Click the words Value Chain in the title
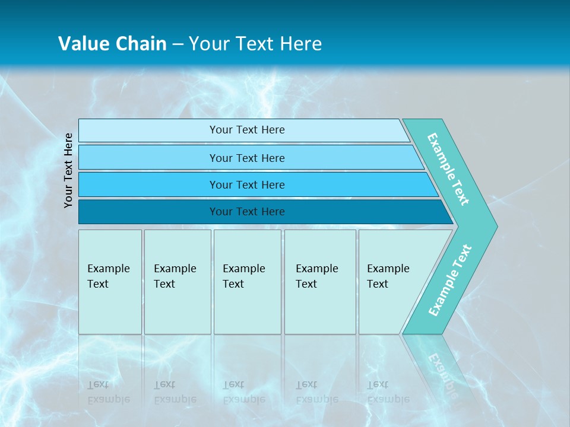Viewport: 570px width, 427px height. point(112,44)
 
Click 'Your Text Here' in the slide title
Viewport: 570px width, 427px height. point(255,44)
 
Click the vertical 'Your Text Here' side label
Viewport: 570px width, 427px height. point(69,170)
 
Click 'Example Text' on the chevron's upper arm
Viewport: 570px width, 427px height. point(448,169)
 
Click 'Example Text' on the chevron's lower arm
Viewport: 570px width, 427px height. point(450,281)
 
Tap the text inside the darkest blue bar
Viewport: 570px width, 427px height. point(247,212)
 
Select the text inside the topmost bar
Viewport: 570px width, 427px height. point(247,130)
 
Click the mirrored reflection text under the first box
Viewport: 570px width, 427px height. point(108,392)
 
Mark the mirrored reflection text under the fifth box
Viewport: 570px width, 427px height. point(388,392)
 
